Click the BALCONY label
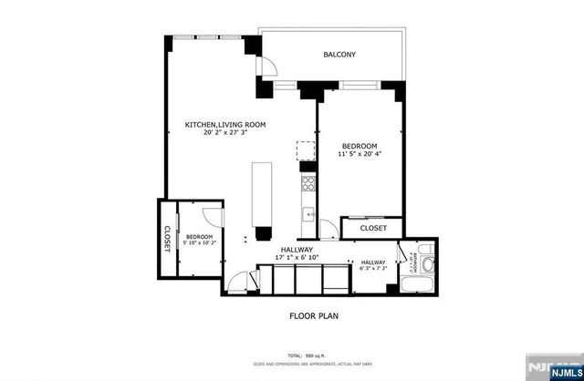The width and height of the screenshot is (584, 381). pos(339,56)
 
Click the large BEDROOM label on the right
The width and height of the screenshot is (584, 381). pos(360,146)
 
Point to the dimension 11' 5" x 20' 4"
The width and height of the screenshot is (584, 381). pos(360,155)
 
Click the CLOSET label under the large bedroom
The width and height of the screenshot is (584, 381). pos(372,228)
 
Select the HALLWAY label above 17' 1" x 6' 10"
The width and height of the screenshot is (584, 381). pos(297,249)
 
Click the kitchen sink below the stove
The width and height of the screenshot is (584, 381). pos(309,215)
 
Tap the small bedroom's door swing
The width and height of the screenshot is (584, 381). pos(213,217)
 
